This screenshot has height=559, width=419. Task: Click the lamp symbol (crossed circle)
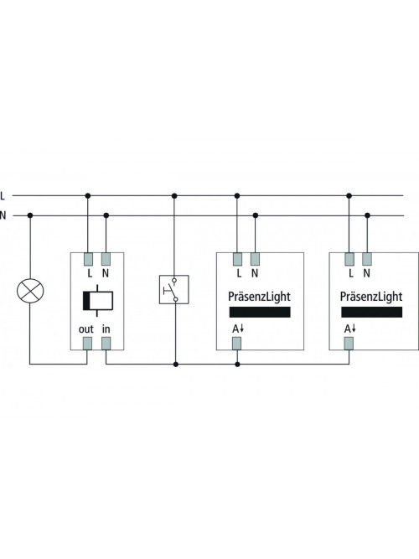click(x=30, y=291)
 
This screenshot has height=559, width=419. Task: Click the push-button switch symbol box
click(x=174, y=289)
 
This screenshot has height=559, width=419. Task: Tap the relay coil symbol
click(x=98, y=301)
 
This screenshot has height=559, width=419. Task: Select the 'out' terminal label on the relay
click(x=86, y=329)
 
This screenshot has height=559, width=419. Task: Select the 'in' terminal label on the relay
click(x=106, y=329)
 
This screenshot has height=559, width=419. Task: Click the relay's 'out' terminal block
click(x=87, y=344)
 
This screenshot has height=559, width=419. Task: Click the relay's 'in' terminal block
click(x=106, y=344)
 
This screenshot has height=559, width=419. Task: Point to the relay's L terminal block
click(x=88, y=259)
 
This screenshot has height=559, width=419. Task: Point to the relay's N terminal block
click(x=106, y=259)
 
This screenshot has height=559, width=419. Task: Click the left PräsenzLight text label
click(x=259, y=297)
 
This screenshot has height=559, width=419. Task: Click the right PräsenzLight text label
click(x=371, y=297)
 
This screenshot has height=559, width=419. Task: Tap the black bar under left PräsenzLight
click(x=260, y=312)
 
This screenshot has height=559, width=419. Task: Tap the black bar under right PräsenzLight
click(x=371, y=312)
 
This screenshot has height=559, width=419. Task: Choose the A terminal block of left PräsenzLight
click(x=237, y=344)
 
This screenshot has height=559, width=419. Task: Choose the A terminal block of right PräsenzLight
click(x=349, y=344)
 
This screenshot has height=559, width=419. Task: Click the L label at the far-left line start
click(x=3, y=196)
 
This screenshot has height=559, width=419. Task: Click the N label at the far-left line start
click(x=3, y=215)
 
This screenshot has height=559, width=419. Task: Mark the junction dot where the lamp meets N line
click(x=30, y=215)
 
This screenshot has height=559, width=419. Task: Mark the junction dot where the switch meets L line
click(x=174, y=196)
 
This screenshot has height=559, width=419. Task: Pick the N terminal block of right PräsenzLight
click(x=367, y=259)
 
